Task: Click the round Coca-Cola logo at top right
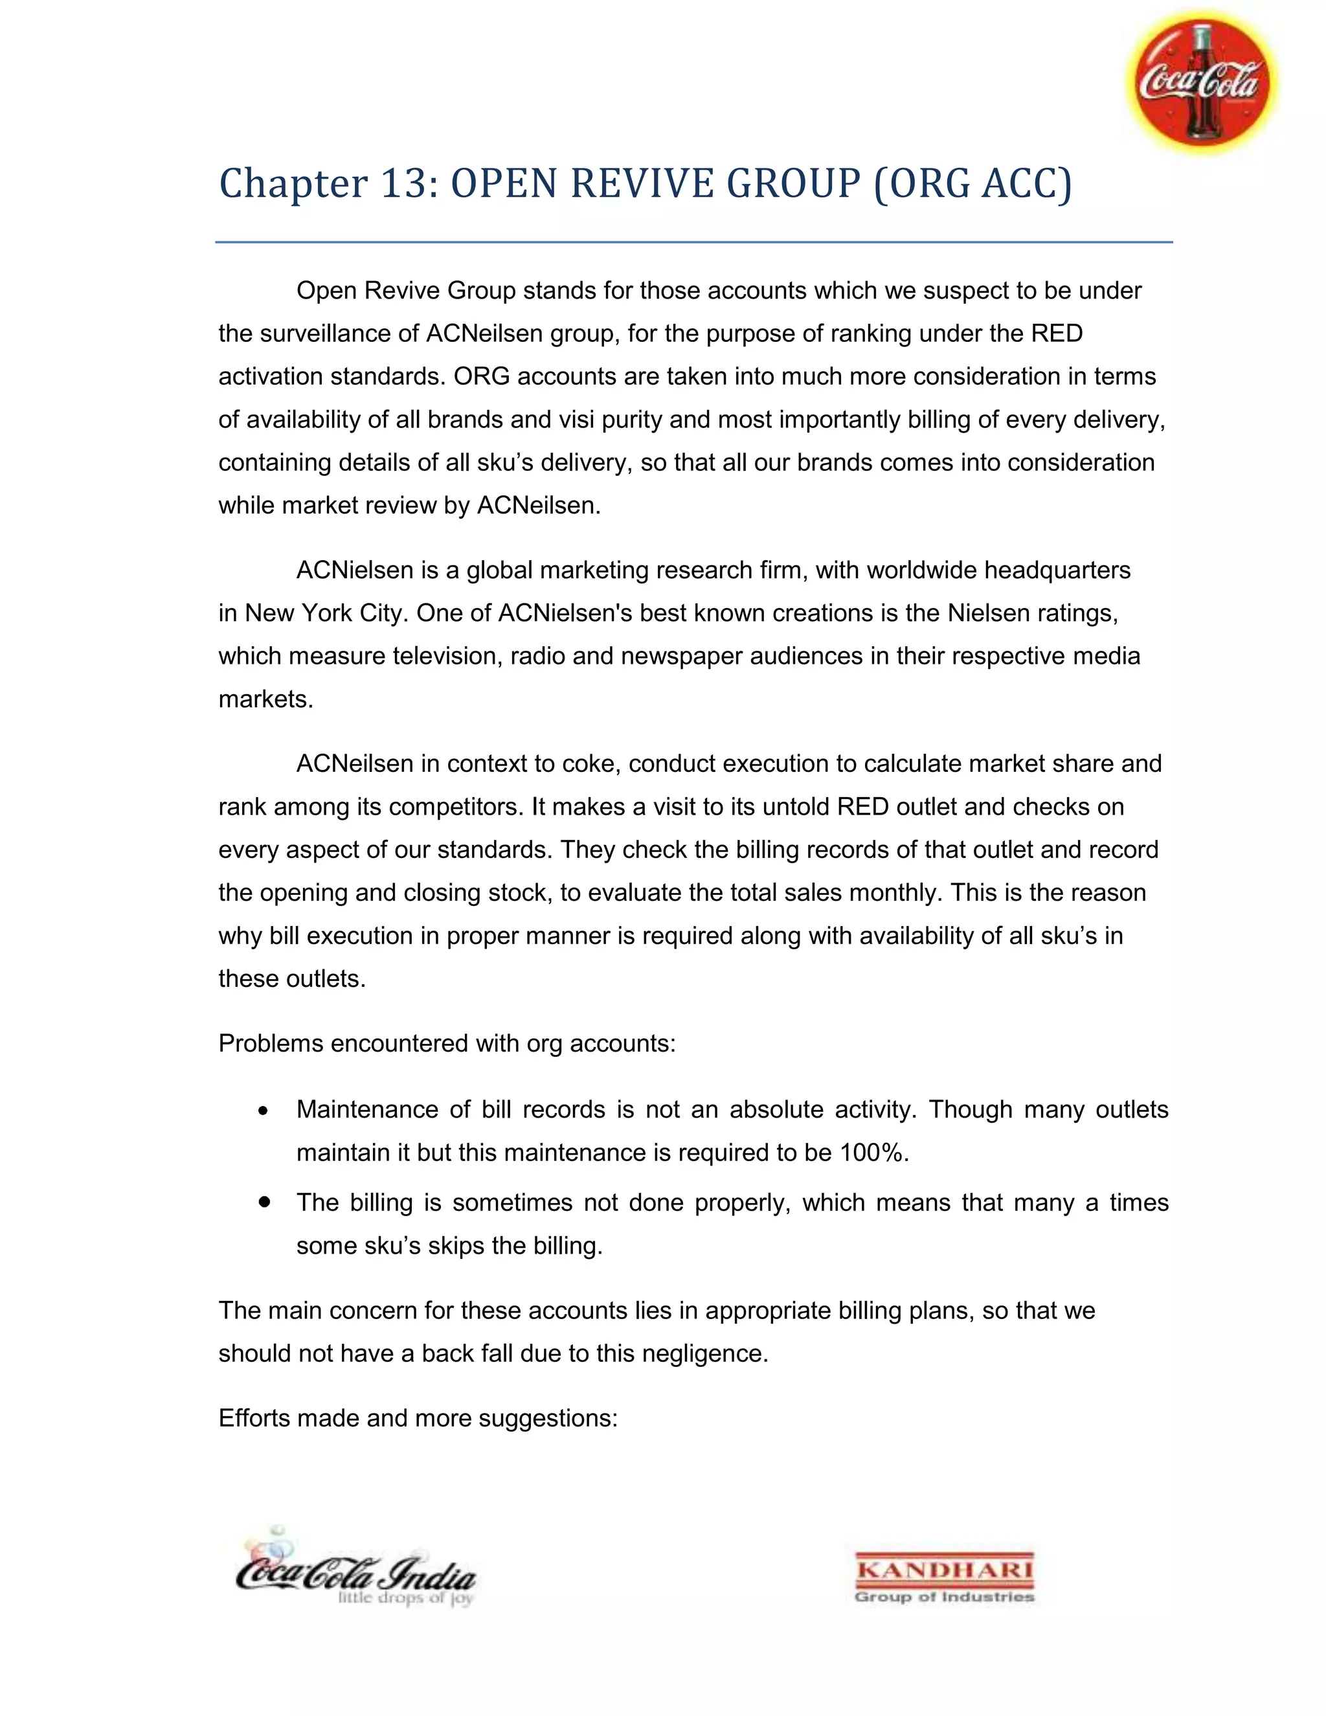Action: coord(1202,82)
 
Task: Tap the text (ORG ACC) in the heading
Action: coord(972,183)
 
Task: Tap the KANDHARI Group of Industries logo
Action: coord(944,1577)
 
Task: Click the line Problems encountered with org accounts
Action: coord(447,1043)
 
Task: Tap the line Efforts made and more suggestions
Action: coord(418,1418)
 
